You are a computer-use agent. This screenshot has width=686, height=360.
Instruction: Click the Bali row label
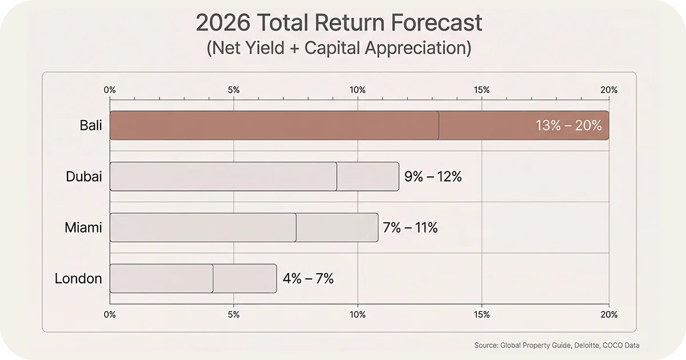[91, 125]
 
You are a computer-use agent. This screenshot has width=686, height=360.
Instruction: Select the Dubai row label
[84, 177]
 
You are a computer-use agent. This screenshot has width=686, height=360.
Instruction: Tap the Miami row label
[83, 227]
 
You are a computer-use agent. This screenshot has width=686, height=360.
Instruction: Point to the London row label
[78, 279]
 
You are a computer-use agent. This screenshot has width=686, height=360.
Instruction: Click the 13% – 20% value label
[568, 126]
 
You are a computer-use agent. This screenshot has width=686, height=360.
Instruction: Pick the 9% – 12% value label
[433, 177]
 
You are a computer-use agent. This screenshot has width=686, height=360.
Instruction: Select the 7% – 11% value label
[410, 227]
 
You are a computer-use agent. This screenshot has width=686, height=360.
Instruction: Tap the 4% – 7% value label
[308, 279]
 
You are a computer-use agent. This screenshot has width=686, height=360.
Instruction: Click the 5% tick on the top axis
[233, 90]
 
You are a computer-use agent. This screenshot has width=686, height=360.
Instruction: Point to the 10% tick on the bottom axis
[357, 314]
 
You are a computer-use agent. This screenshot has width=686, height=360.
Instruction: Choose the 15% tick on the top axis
[481, 90]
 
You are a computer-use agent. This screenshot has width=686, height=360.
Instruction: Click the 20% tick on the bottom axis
[609, 314]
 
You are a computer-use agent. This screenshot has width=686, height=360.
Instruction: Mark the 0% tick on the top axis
[110, 90]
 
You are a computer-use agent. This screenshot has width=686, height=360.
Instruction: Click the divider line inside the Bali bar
[438, 126]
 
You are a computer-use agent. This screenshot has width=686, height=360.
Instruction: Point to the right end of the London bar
[276, 279]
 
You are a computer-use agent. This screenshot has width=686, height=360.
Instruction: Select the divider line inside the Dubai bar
[337, 177]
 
